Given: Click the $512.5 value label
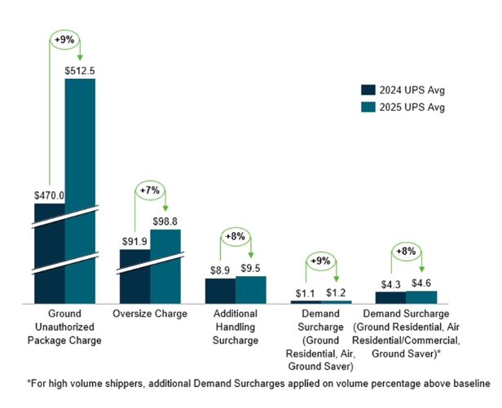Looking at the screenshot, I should [x=81, y=70].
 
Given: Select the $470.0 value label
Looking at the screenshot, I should [x=50, y=195].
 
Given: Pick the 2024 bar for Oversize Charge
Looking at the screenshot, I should [x=134, y=276].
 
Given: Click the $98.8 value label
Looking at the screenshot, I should [x=165, y=222].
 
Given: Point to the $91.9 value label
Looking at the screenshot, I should [x=135, y=241].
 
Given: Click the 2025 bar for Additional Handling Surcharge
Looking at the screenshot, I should [x=251, y=290].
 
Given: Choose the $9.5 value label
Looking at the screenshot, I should [x=251, y=268].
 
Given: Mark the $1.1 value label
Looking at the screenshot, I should [x=305, y=292].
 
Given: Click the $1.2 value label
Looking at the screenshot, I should [x=336, y=292].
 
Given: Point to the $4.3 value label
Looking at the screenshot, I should [x=390, y=283].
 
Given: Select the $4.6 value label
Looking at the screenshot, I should [x=421, y=283].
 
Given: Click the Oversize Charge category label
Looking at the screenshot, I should [x=150, y=314].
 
